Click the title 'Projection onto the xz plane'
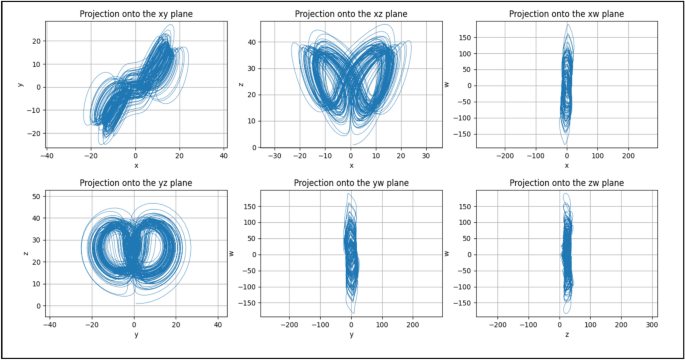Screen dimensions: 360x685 (351, 14)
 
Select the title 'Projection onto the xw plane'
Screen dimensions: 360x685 (567, 14)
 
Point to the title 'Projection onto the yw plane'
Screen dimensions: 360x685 (351, 183)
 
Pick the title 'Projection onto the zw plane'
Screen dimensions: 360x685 (567, 183)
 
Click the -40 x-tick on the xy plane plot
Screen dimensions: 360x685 (47, 156)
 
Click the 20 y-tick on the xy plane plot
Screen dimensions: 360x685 (36, 42)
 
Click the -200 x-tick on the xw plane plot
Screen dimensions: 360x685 (505, 156)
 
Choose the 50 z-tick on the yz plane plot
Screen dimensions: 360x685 (36, 195)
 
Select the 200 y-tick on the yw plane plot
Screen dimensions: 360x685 (412, 325)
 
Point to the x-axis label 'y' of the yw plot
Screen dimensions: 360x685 (351, 335)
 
